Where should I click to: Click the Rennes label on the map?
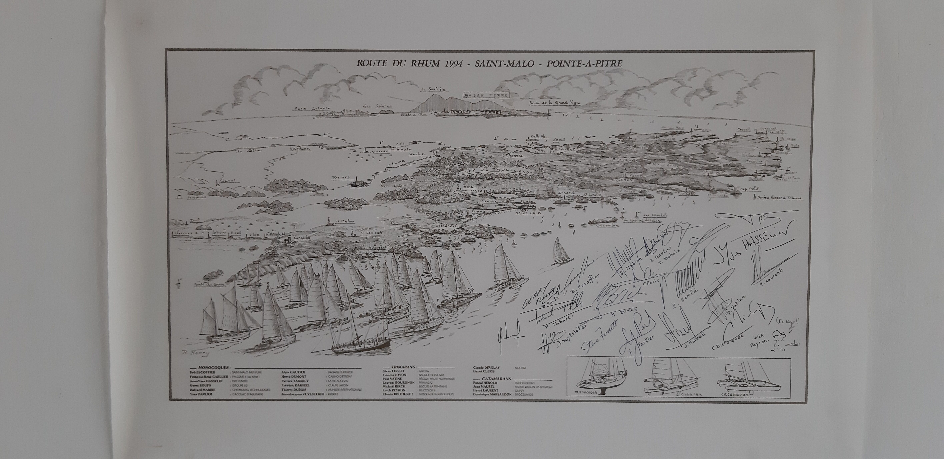pyautogui.click(x=341, y=177)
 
